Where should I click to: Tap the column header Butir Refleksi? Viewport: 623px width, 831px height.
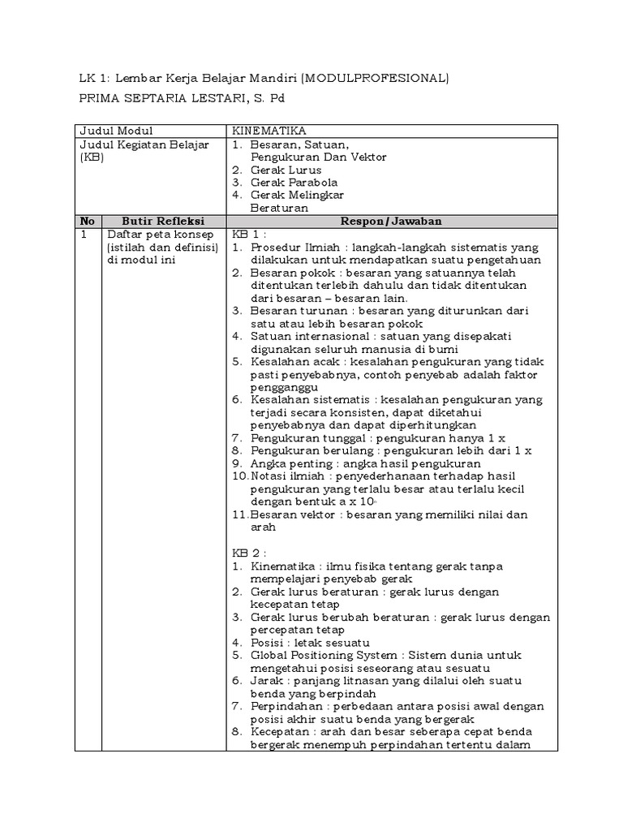pos(163,221)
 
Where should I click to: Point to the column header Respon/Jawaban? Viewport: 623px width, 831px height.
pos(390,221)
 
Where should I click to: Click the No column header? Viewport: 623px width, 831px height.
pos(88,221)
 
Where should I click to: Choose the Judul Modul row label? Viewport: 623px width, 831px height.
pos(115,131)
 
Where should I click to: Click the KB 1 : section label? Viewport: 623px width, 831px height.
pos(250,235)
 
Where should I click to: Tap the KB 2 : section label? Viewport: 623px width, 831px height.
pos(250,553)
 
